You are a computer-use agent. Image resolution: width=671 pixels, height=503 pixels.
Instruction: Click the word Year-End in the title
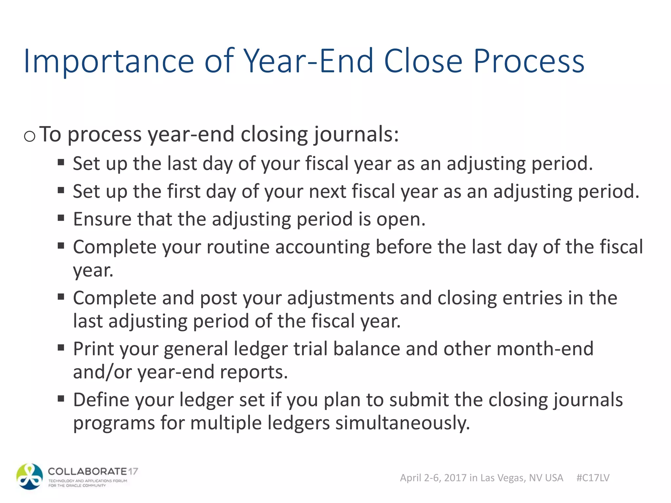[x=308, y=61]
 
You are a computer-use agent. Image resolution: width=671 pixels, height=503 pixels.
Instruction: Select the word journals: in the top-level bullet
[x=356, y=135]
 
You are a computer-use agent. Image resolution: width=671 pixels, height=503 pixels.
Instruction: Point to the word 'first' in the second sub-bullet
[x=183, y=191]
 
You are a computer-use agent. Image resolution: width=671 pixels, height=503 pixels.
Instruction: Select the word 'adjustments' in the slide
[x=340, y=298]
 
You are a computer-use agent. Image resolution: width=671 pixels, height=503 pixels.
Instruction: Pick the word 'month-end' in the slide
[x=545, y=349]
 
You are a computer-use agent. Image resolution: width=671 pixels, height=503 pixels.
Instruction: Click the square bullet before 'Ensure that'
[x=61, y=218]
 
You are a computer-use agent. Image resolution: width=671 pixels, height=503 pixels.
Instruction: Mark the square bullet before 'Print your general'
[x=61, y=347]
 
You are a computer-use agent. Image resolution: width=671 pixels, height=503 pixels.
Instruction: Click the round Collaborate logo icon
[x=29, y=476]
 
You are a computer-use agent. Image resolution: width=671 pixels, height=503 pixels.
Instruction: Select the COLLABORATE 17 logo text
[x=93, y=472]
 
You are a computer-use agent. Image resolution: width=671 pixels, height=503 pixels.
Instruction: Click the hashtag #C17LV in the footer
[x=593, y=478]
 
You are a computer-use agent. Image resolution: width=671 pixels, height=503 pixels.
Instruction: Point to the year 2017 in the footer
[x=455, y=478]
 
